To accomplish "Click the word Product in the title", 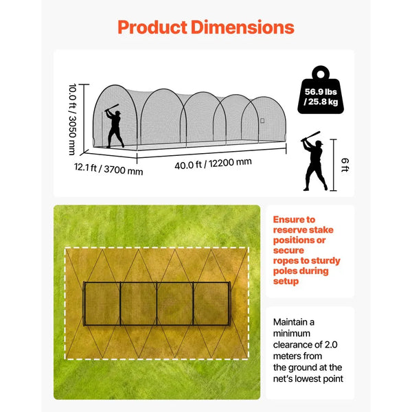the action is [x=152, y=27].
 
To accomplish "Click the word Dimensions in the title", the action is [x=242, y=27].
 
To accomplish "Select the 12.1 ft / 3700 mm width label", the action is [x=108, y=169].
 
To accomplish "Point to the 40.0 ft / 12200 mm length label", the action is [x=213, y=163].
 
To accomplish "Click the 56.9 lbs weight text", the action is [x=321, y=92].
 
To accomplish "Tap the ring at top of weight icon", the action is [x=321, y=74].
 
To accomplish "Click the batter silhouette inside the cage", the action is [x=115, y=126].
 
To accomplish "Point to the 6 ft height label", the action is [x=345, y=165].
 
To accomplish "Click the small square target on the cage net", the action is [x=262, y=121].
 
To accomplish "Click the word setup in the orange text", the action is [x=286, y=282].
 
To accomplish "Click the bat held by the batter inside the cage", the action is [x=112, y=107].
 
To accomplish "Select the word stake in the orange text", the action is [x=321, y=230].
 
